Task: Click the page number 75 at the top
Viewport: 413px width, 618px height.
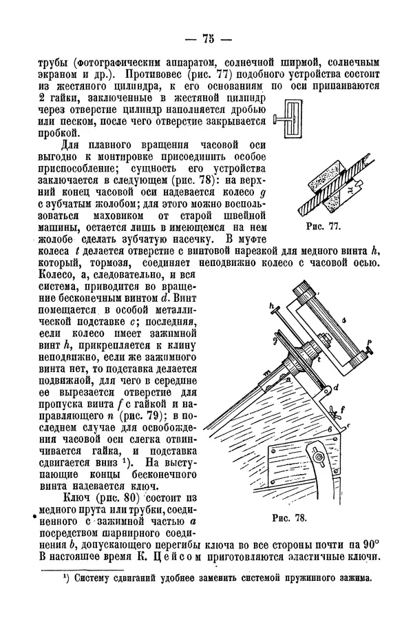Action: tap(206, 39)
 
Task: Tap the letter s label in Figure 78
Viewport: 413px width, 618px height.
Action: tap(343, 319)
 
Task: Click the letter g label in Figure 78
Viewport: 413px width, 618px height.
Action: tap(275, 340)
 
